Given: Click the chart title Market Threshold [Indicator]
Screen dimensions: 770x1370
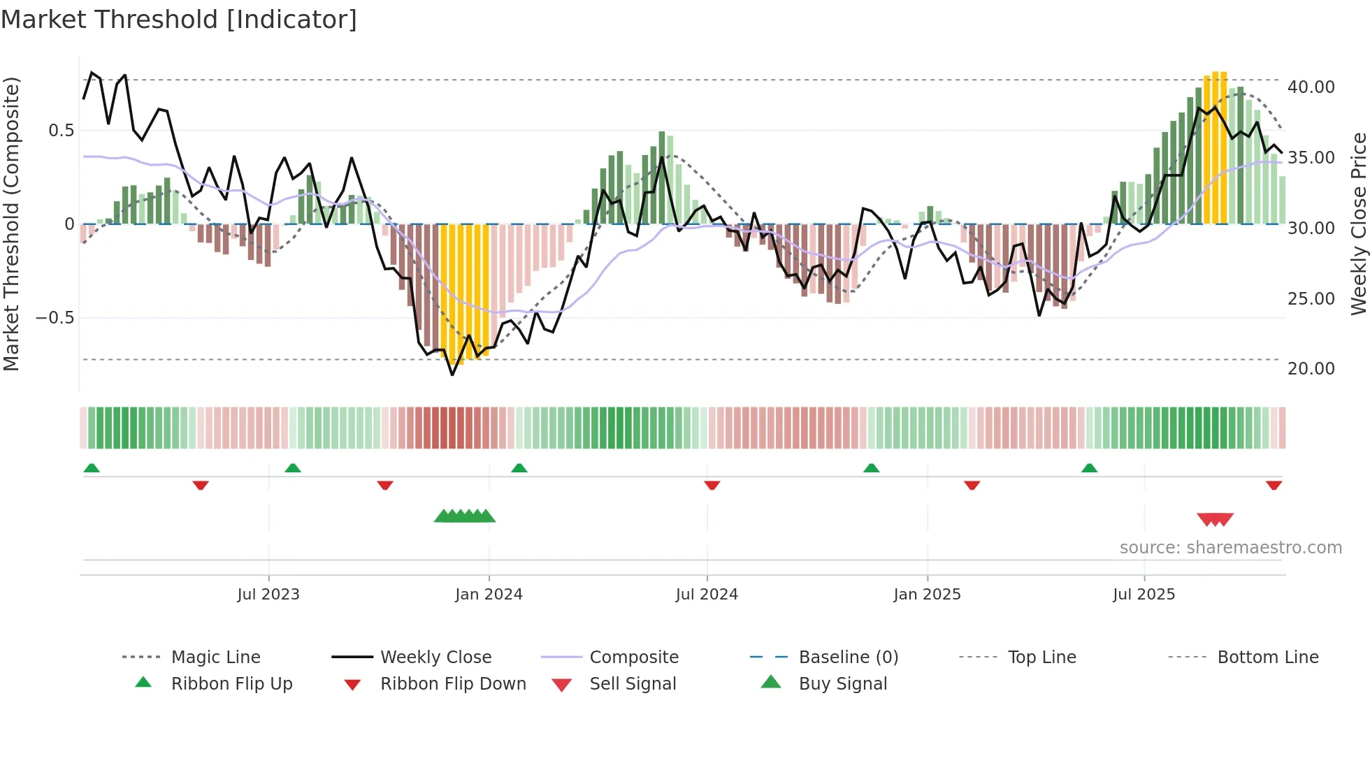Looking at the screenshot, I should (179, 20).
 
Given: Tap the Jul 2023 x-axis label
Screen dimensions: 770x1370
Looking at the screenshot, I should (268, 595).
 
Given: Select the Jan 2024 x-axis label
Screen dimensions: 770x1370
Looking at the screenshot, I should (489, 595).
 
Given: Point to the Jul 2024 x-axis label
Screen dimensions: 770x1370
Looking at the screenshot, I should (707, 595).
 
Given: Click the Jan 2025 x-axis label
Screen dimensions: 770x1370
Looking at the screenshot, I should (927, 595).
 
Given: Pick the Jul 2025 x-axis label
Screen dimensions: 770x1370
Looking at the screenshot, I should (1144, 595).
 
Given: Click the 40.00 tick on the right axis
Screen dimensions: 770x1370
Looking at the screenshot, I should (1311, 87).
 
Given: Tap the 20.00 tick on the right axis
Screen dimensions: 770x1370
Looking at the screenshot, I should (1311, 369).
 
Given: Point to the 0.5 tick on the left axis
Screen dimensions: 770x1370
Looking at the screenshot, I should (62, 131).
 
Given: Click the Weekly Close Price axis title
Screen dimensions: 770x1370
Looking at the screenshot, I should (1358, 224).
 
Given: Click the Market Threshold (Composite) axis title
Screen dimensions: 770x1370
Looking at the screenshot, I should (11, 224).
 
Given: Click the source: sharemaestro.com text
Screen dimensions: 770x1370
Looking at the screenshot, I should (1230, 548).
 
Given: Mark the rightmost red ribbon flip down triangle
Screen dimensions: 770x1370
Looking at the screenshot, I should (1274, 485).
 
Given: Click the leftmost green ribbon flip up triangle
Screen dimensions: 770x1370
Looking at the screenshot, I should (92, 468).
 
